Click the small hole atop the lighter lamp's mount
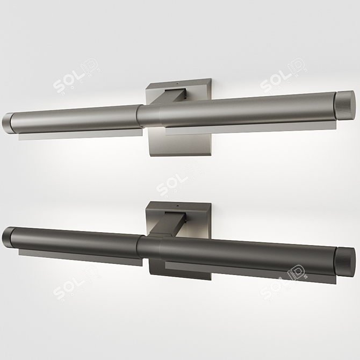point(179,84)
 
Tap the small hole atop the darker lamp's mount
point(179,205)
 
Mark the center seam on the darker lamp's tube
point(141,247)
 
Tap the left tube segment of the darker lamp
point(75,240)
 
